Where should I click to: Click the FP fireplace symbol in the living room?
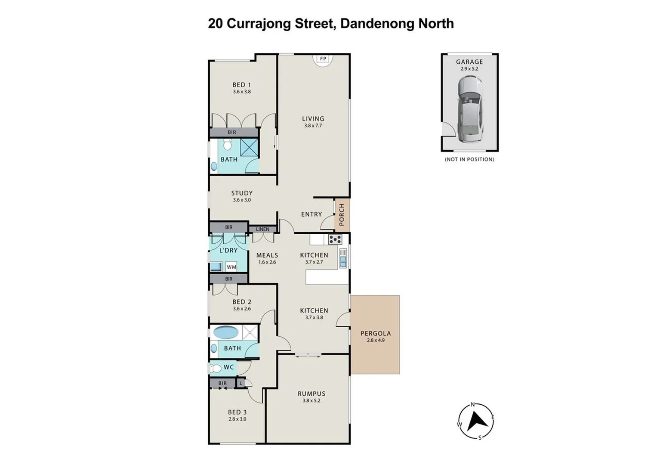[x=323, y=59]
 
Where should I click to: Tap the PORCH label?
[x=342, y=214]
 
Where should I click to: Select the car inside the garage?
[x=469, y=109]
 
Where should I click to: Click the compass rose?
[x=475, y=421]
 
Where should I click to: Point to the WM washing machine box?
[x=231, y=267]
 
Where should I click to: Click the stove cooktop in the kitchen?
[x=335, y=239]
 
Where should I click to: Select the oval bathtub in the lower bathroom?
[x=226, y=332]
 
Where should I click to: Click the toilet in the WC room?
[x=215, y=368]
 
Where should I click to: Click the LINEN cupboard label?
[x=262, y=229]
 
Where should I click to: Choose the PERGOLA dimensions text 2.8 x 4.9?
[x=376, y=340]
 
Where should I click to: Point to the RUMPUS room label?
[x=311, y=394]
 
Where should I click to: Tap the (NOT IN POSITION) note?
[x=469, y=159]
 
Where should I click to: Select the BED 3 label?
[x=237, y=412]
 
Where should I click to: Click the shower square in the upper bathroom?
[x=249, y=148]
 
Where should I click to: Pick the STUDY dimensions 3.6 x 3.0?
[x=242, y=200]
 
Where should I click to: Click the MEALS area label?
[x=267, y=255]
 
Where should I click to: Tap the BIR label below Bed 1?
[x=232, y=132]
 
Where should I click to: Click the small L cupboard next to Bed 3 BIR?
[x=241, y=383]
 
